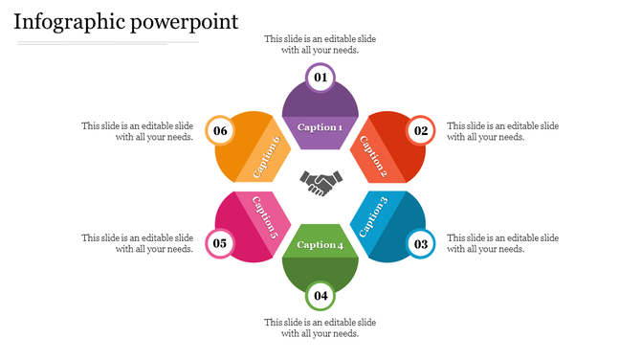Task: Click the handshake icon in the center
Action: point(320,182)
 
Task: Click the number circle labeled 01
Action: point(320,78)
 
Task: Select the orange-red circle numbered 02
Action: point(421,130)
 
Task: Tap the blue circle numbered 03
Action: point(421,243)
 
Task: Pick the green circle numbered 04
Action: point(320,296)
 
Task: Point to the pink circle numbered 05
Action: point(220,243)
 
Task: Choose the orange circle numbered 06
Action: point(221,130)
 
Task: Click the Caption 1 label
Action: point(320,127)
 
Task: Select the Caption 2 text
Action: point(371,156)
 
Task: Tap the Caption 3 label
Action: point(371,216)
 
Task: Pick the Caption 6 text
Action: point(267,156)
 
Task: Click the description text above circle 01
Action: point(320,45)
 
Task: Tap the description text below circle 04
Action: point(320,327)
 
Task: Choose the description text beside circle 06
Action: point(138,131)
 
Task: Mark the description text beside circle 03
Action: point(503,243)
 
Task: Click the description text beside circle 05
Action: point(138,243)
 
